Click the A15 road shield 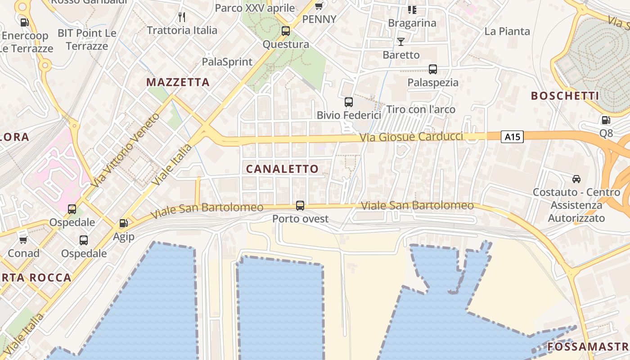point(513,137)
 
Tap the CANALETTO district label point(282,169)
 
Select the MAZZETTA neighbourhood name point(178,82)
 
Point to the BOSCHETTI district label point(565,96)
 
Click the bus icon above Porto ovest point(300,206)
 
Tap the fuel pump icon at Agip point(123,223)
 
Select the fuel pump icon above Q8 point(606,120)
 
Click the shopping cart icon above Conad point(23,240)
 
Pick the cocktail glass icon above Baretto point(401,42)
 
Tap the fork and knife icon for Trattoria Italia point(182,17)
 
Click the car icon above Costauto point(576,179)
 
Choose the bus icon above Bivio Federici point(349,102)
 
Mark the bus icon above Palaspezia point(433,69)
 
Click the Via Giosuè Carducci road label point(412,137)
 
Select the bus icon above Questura point(286,31)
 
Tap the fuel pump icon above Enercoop point(24,22)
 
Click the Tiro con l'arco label point(421,109)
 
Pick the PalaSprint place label point(227,62)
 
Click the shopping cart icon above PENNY point(319,6)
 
